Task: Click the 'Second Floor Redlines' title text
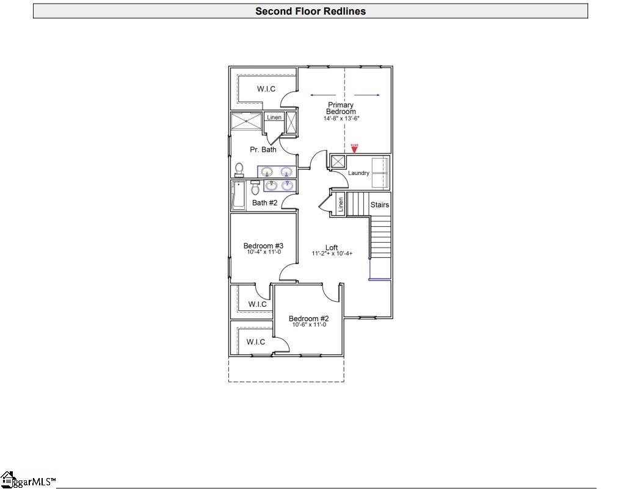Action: click(310, 11)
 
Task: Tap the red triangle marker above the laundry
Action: click(354, 149)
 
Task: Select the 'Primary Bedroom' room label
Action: click(341, 108)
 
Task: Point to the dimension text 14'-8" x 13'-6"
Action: click(341, 118)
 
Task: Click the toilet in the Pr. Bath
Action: click(239, 170)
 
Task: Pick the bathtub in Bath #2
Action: click(238, 195)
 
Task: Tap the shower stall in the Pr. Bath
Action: click(246, 122)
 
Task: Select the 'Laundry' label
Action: click(358, 173)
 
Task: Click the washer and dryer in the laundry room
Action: click(380, 173)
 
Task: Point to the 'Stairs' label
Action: click(379, 205)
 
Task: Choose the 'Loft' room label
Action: click(332, 248)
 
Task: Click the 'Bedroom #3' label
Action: click(263, 246)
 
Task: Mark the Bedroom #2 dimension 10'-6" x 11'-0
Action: click(309, 325)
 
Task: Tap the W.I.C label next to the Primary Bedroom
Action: click(266, 89)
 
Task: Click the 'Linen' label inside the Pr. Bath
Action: click(274, 117)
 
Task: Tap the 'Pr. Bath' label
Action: click(263, 149)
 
